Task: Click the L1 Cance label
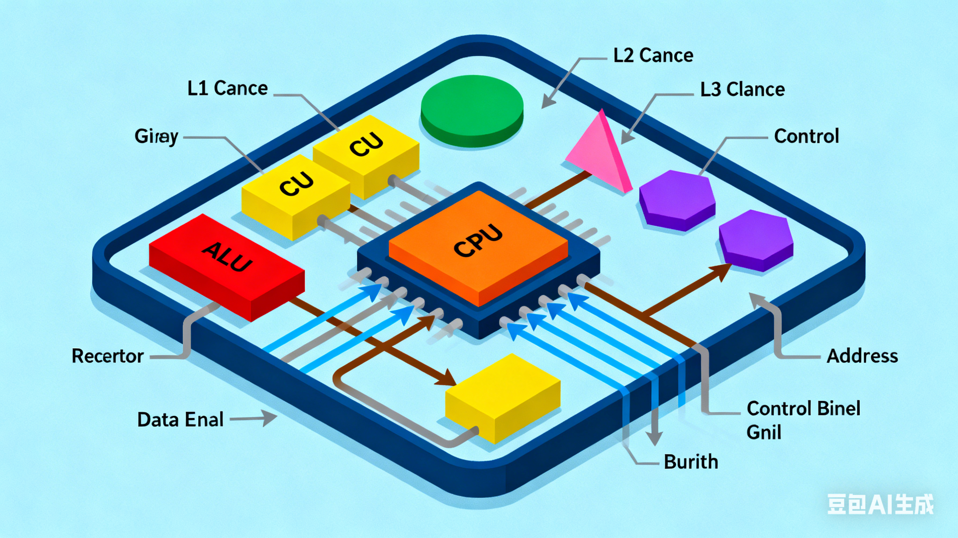[x=227, y=88]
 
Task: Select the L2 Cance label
[x=653, y=56]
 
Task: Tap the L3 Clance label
[x=742, y=89]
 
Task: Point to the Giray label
[x=156, y=136]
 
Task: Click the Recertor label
[x=107, y=356]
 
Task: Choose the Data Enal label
[x=180, y=420]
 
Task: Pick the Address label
[x=862, y=356]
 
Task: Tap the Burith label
[x=691, y=462]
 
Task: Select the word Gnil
[x=764, y=432]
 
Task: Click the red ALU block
[x=227, y=264]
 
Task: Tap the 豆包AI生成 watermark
[x=880, y=505]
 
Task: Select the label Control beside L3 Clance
[x=806, y=136]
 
